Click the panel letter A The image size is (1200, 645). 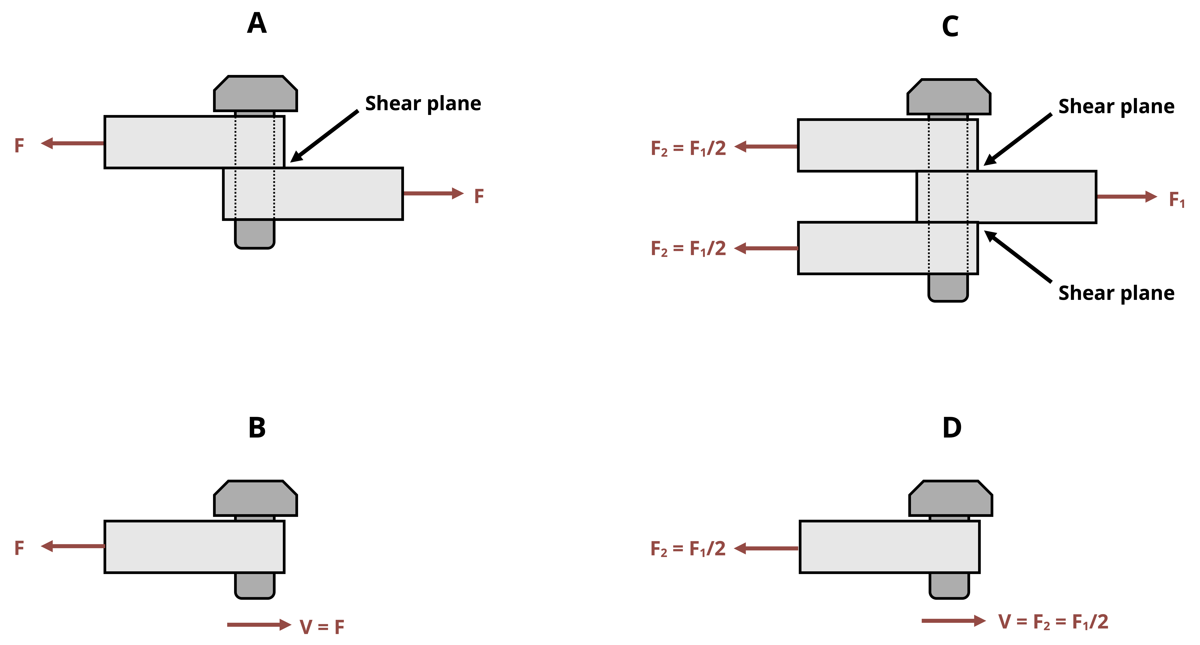[x=257, y=23]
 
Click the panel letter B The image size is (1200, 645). [x=257, y=427]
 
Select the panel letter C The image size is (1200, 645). [x=950, y=27]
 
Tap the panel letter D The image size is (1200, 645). [x=952, y=427]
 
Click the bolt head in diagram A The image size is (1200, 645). [x=255, y=94]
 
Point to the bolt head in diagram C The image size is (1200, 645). [x=948, y=97]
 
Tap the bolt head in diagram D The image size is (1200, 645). [x=950, y=498]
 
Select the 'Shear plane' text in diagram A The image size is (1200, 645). [x=423, y=103]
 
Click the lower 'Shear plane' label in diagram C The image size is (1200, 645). [x=1116, y=293]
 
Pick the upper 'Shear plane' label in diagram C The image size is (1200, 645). [x=1116, y=107]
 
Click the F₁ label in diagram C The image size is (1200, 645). [x=1177, y=199]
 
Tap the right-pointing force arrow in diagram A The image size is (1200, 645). [x=433, y=193]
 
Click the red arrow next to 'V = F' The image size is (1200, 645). [x=259, y=624]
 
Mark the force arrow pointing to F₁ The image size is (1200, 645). [x=1127, y=197]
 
